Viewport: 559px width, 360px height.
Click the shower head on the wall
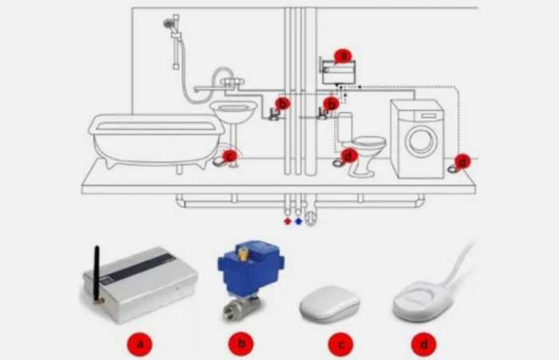[169, 24]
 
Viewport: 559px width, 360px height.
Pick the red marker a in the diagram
[343, 56]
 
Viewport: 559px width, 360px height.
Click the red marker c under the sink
[230, 156]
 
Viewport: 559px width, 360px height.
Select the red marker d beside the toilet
[348, 156]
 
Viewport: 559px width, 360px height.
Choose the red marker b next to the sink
[282, 103]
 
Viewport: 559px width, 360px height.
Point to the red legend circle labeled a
[141, 345]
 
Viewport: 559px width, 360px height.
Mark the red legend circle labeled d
[423, 345]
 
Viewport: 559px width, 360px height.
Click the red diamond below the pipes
[287, 220]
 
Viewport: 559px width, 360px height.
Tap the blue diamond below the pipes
[299, 220]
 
